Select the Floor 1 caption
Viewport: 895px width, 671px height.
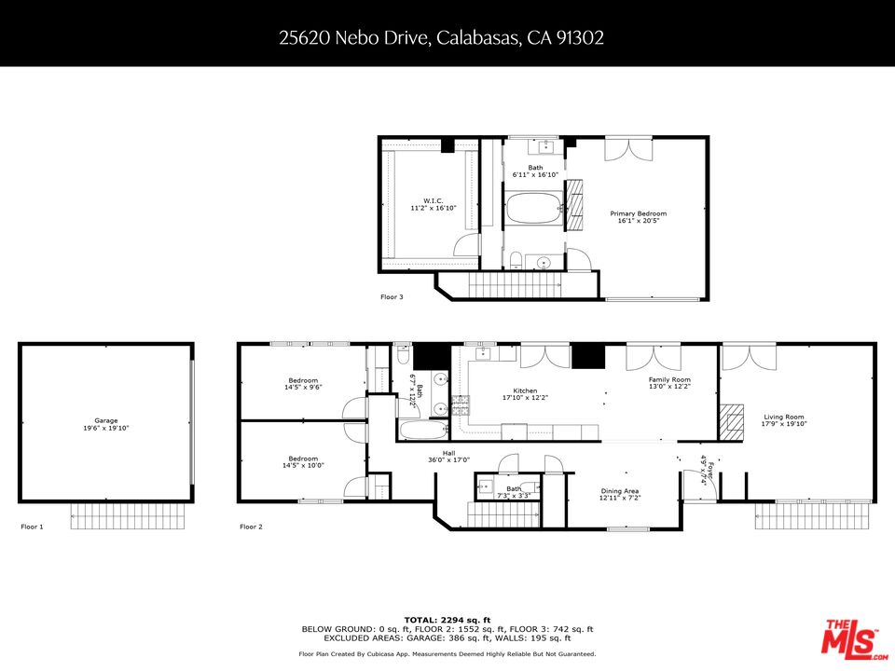click(x=32, y=527)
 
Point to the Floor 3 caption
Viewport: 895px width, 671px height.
click(x=392, y=296)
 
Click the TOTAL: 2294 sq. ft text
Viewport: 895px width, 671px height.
click(x=447, y=620)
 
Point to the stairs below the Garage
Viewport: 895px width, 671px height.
click(x=131, y=515)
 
